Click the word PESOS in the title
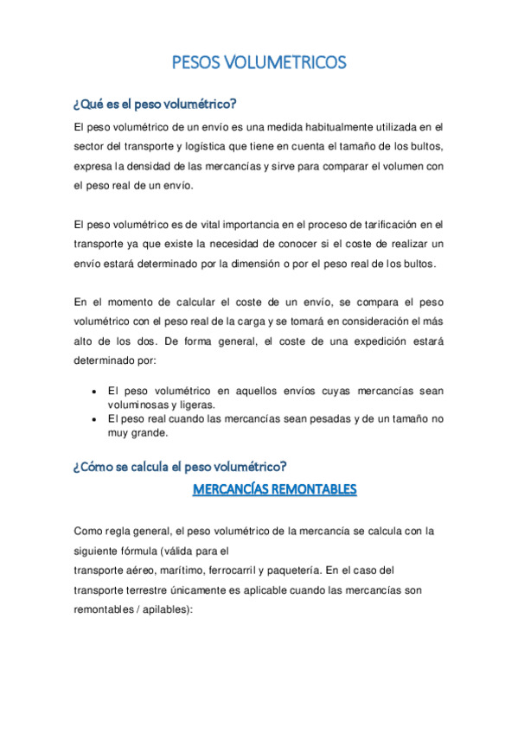click(x=195, y=62)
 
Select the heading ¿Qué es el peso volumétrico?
click(x=156, y=105)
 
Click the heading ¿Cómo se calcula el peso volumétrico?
click(x=181, y=468)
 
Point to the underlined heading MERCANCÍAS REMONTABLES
click(x=274, y=490)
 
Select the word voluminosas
click(x=139, y=405)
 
